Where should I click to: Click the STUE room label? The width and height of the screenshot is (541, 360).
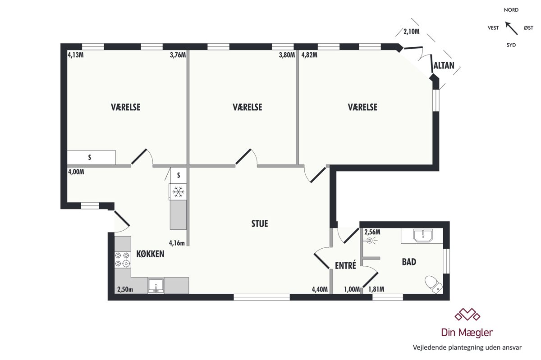(260, 223)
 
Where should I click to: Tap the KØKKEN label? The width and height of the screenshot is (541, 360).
(150, 254)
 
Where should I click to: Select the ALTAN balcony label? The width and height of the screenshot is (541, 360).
(444, 65)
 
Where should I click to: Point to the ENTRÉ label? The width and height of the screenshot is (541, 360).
(345, 265)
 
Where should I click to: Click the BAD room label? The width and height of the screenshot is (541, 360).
(409, 262)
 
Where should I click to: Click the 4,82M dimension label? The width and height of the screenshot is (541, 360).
(309, 55)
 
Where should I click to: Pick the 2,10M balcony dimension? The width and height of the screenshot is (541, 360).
(412, 32)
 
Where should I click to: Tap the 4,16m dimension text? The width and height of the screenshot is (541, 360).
(177, 243)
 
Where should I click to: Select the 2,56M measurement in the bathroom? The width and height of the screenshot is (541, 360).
(372, 232)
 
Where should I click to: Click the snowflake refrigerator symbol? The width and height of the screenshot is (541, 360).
(179, 192)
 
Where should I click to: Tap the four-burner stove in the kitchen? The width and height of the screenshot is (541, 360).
(123, 260)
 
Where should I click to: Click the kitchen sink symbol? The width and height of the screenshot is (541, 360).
(156, 286)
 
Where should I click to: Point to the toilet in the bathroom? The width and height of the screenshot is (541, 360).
(434, 284)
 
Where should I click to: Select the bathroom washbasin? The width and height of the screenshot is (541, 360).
(423, 236)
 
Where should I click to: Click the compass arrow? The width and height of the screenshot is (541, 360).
(511, 28)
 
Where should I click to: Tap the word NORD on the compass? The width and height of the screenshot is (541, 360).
(511, 10)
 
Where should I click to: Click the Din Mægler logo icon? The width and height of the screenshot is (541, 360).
(468, 314)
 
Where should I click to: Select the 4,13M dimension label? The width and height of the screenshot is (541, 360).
(76, 55)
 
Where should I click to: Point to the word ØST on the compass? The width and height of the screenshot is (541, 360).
(528, 28)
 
